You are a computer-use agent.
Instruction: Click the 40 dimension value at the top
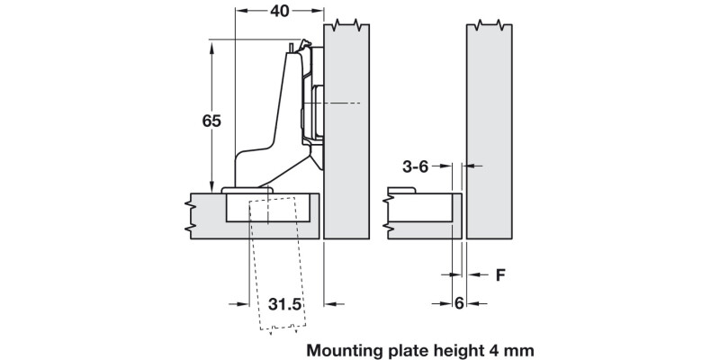279,13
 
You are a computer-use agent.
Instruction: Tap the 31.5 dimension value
284,304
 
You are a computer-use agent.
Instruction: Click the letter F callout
499,275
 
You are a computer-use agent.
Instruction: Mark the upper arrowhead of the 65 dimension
212,45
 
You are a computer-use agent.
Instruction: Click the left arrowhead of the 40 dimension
240,13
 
